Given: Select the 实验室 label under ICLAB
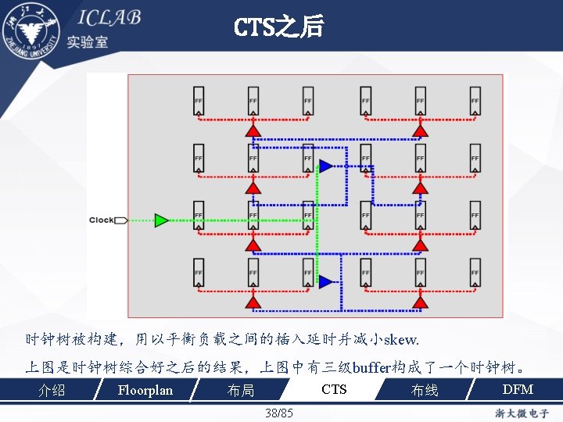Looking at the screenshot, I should coord(88,42).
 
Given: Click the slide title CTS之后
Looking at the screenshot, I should coord(278,28).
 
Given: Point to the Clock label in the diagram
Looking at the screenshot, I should coord(101,220).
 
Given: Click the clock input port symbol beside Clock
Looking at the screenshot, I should coord(120,220).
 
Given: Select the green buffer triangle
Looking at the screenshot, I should coord(161,220).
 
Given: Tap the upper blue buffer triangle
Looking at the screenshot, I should coord(325,166).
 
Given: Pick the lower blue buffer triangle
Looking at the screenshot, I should coord(325,281).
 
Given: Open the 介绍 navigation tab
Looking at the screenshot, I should coord(52,390).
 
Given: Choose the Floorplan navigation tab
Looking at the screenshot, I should coord(145,390).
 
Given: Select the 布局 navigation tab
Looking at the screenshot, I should coord(241,390).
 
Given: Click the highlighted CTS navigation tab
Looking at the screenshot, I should coord(334,389).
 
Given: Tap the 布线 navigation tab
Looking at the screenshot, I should coord(425,390).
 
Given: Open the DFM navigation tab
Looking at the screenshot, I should coord(517,389).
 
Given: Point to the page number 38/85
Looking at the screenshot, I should coord(279,413).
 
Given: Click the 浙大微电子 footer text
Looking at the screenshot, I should coord(522,413).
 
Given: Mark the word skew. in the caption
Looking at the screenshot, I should coord(401,341).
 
